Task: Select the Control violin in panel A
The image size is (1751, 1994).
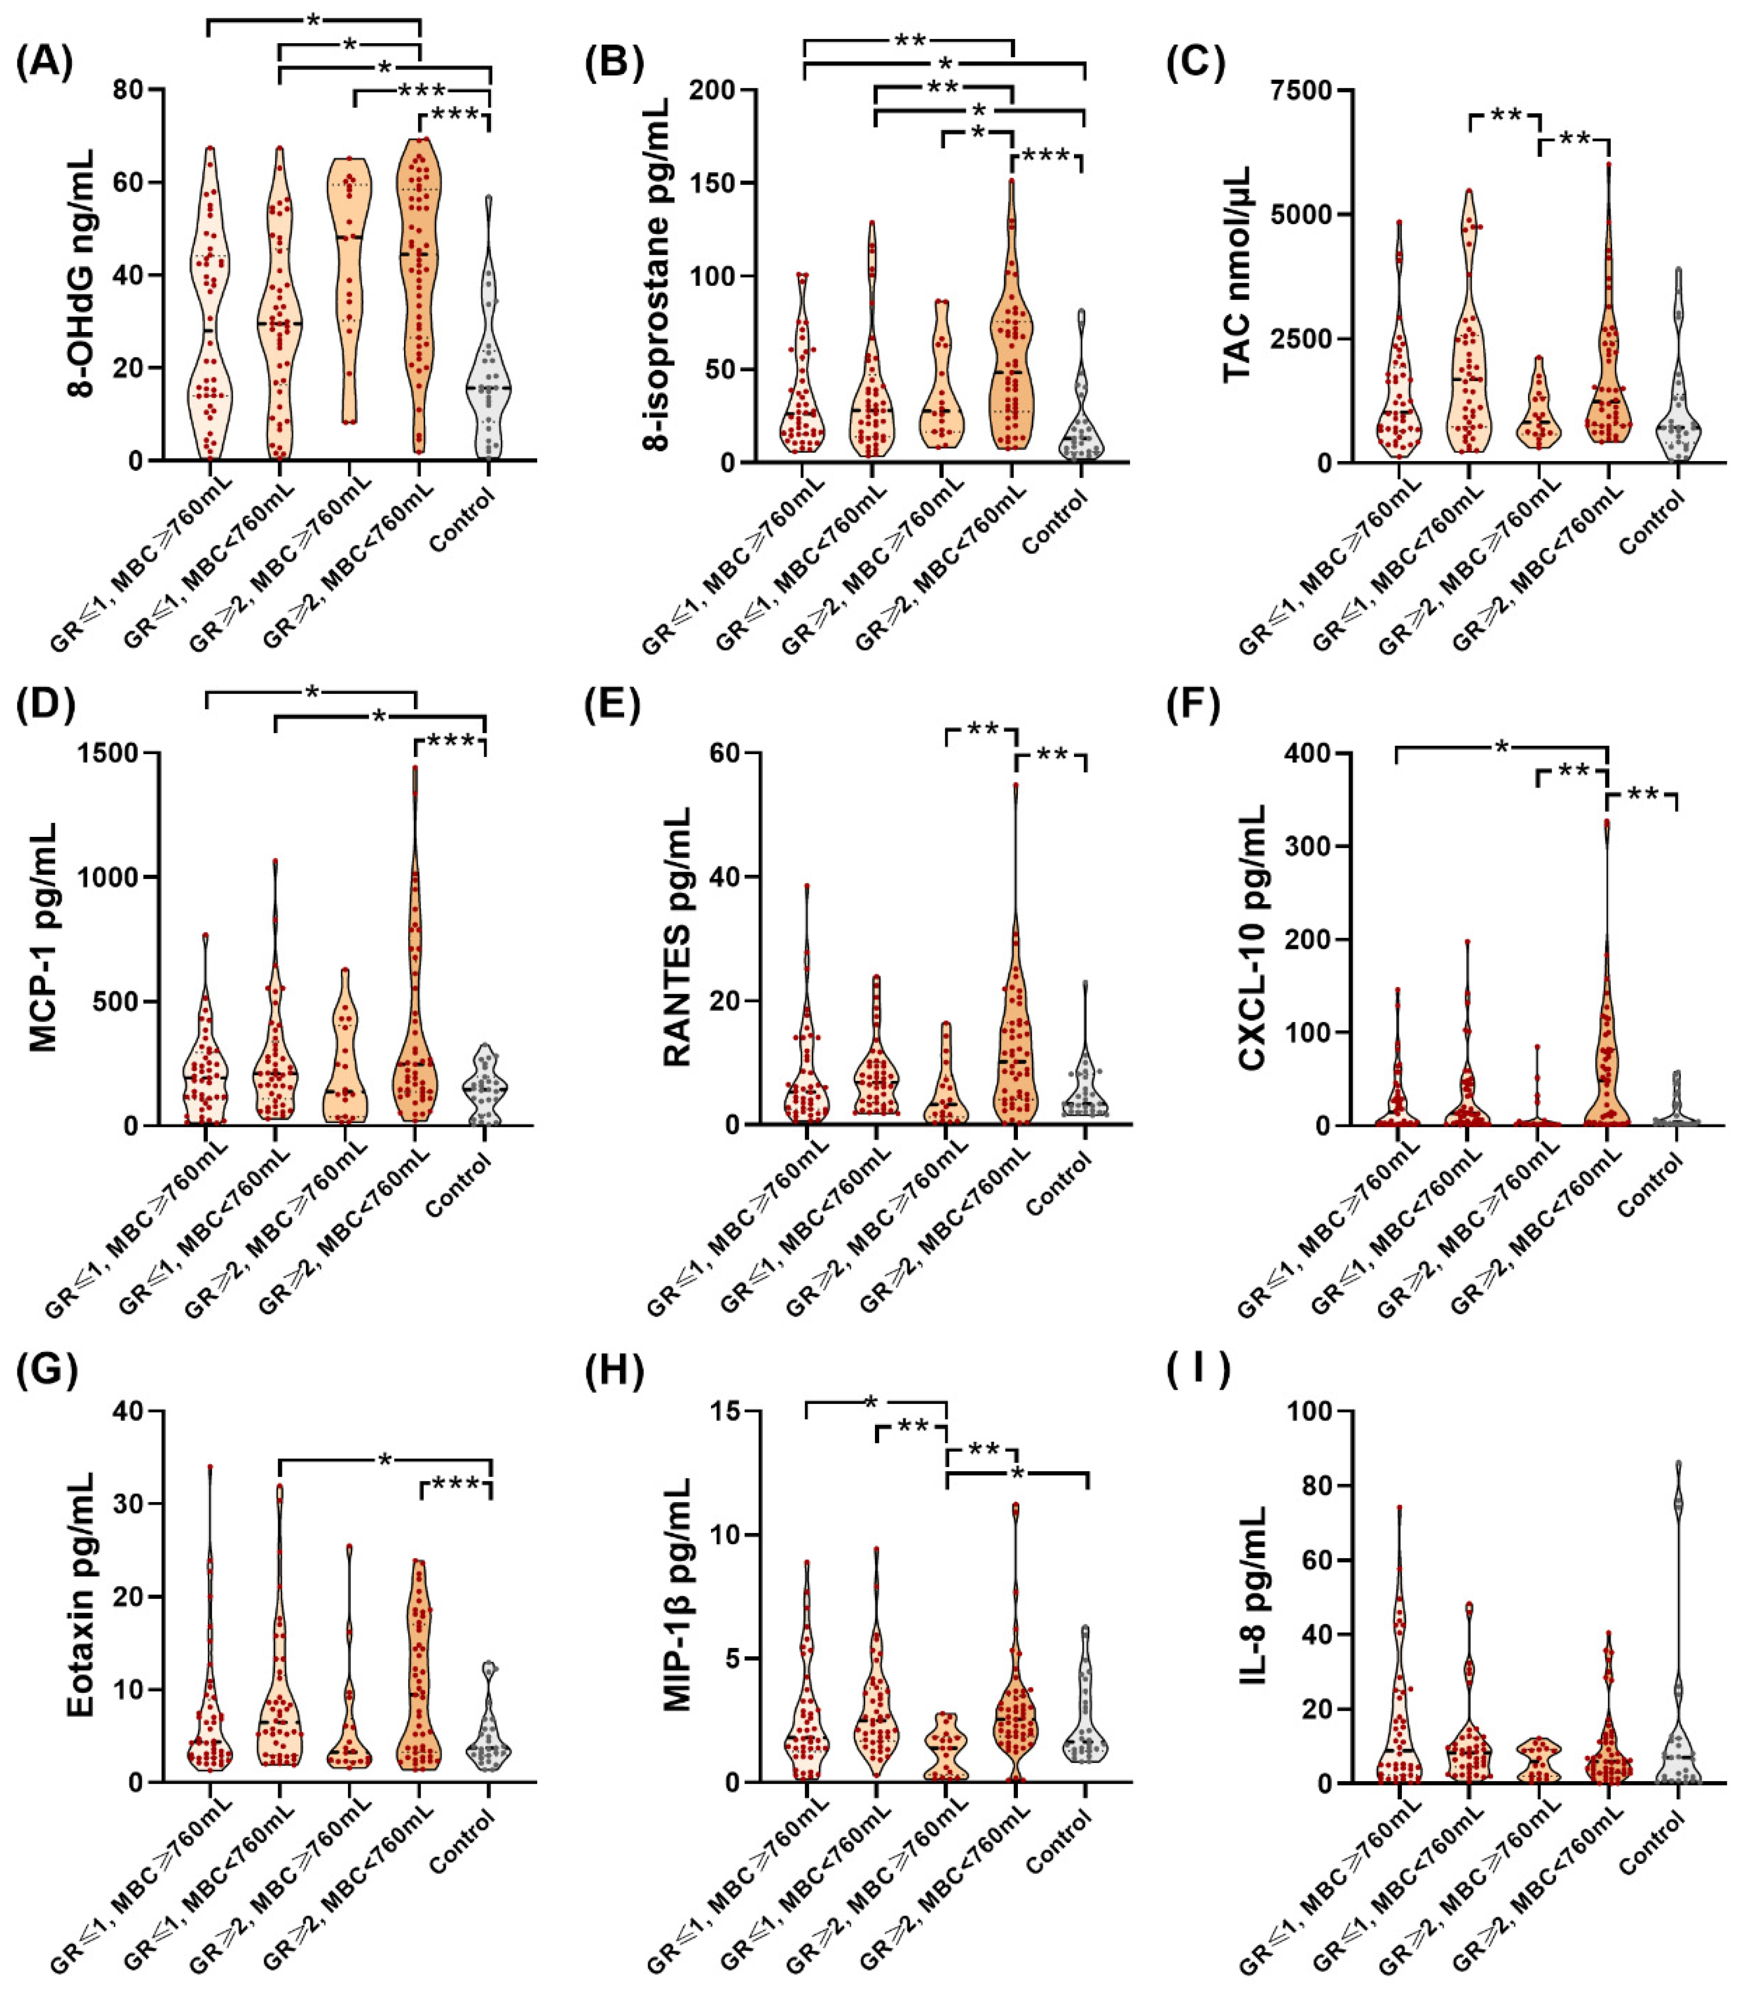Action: pos(489,390)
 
